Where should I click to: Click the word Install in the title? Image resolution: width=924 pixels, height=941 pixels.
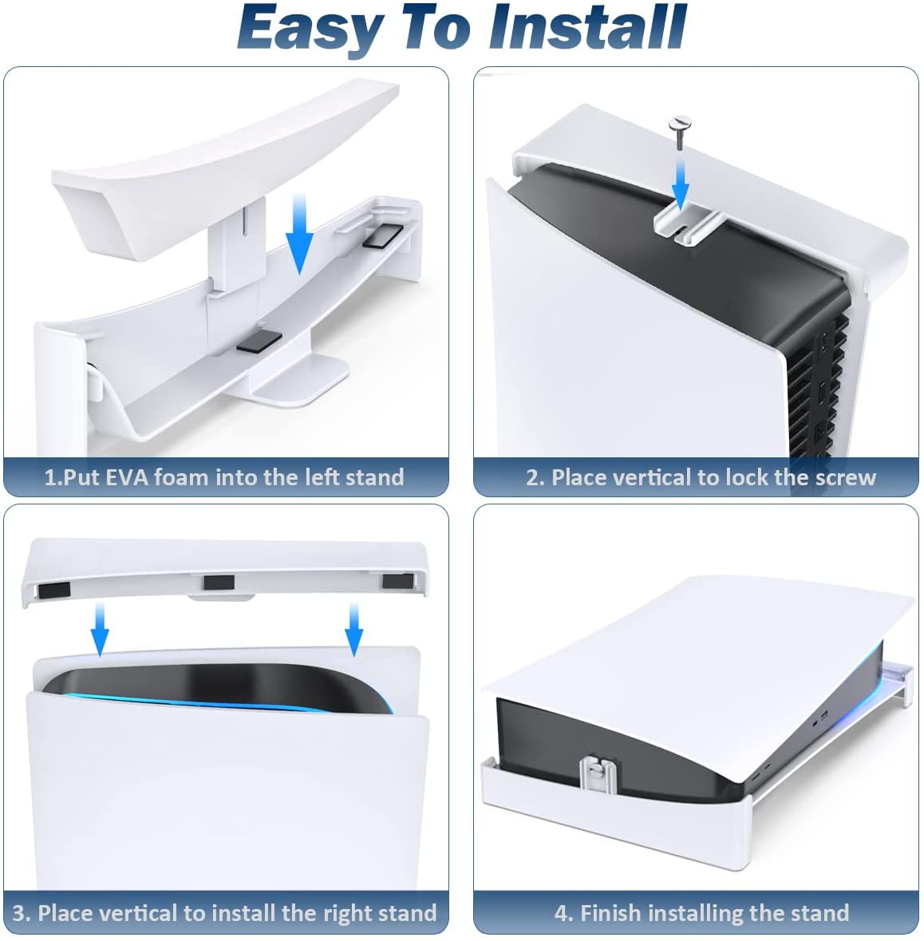587,27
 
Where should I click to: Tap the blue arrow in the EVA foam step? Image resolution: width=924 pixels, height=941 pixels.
299,233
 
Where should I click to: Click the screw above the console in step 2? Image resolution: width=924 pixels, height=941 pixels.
680,132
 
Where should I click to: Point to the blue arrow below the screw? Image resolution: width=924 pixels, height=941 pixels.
681,181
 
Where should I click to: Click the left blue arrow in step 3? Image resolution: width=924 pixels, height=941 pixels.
101,629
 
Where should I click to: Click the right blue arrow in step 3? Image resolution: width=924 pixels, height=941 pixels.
354,629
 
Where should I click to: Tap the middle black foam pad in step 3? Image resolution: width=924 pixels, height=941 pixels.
219,582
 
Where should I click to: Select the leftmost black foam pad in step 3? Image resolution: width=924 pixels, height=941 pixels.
54,590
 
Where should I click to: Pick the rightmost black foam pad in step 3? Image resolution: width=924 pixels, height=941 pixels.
398,580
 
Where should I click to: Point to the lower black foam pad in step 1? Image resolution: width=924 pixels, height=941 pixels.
259,341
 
